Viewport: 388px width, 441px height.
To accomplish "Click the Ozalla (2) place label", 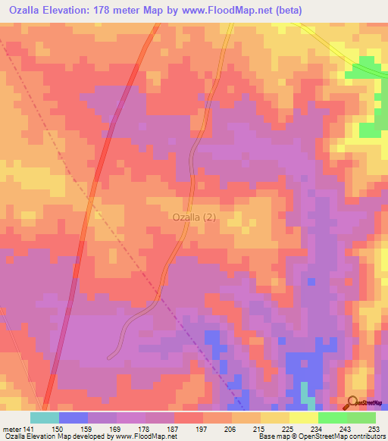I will (194, 217).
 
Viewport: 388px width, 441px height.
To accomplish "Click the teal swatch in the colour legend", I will (44, 418).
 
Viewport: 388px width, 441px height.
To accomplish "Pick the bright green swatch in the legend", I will (332, 418).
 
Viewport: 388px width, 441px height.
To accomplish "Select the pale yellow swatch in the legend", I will (303, 418).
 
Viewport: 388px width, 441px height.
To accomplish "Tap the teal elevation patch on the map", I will (305, 393).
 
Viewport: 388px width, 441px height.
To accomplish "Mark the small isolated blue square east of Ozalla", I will (311, 282).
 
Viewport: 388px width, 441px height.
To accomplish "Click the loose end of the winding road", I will (111, 355).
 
